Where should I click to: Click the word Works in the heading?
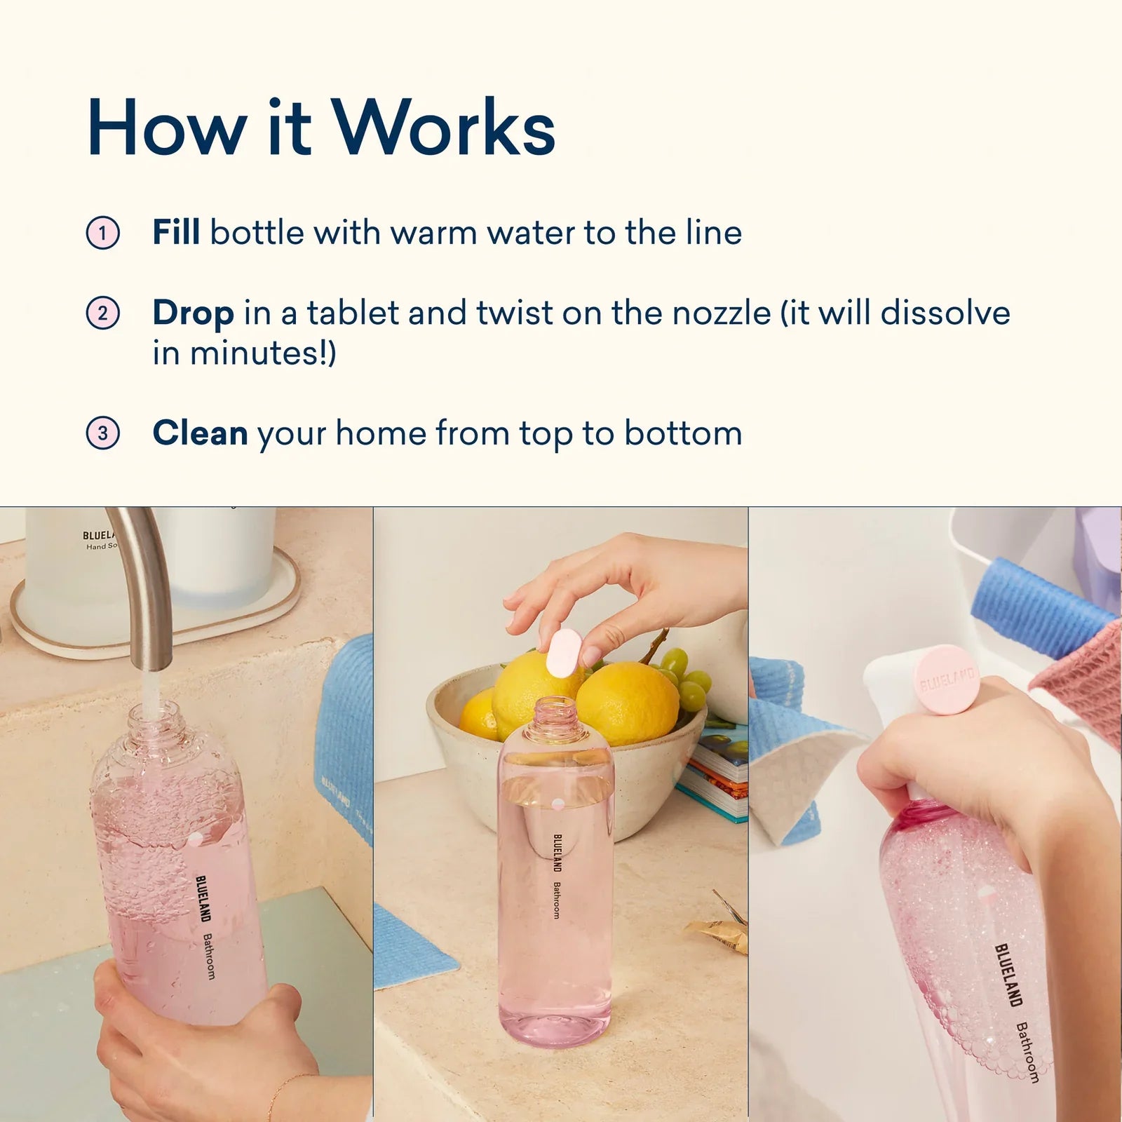[444, 128]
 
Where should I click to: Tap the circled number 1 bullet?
[103, 234]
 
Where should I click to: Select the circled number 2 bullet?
[103, 313]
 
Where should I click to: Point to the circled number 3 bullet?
[103, 433]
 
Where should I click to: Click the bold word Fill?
[176, 232]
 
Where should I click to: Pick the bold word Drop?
[193, 313]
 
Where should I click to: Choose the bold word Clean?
[200, 433]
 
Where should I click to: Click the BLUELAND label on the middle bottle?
[558, 853]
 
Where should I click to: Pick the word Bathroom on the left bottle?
[209, 956]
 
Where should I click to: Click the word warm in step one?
[433, 234]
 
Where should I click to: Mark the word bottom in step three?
[683, 433]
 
